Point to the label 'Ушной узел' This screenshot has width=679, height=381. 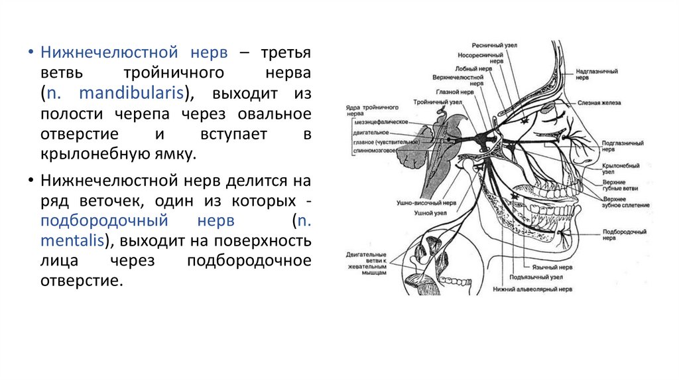pyautogui.click(x=428, y=213)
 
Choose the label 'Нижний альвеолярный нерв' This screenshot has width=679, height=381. pyautogui.click(x=532, y=289)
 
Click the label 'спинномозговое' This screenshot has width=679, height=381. pyautogui.click(x=375, y=149)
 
